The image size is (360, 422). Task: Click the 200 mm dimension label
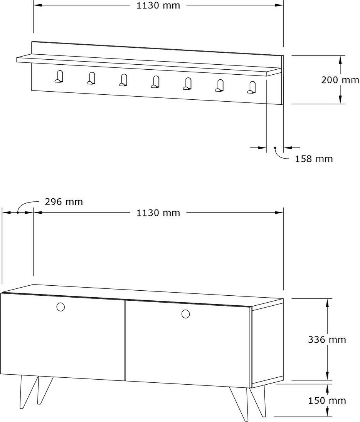[x=340, y=80]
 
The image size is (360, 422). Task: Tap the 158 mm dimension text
[x=314, y=159]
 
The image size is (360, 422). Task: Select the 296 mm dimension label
[x=64, y=202]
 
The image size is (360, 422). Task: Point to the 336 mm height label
[x=327, y=340]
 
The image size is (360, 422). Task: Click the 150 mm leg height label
[x=327, y=400]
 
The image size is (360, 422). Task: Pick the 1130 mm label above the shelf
[x=158, y=5]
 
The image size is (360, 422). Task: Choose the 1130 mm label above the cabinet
[x=158, y=213]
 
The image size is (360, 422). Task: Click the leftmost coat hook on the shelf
[x=59, y=77]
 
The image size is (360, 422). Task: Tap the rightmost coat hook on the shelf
[x=252, y=87]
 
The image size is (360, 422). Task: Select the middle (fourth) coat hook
[x=155, y=82]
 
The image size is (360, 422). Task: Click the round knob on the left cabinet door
[x=61, y=307]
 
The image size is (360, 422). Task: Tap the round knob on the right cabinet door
[x=185, y=314]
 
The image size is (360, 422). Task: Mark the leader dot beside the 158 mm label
[x=275, y=148]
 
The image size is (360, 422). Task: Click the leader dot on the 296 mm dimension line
[x=18, y=212]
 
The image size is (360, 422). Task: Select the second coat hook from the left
[x=91, y=78]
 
